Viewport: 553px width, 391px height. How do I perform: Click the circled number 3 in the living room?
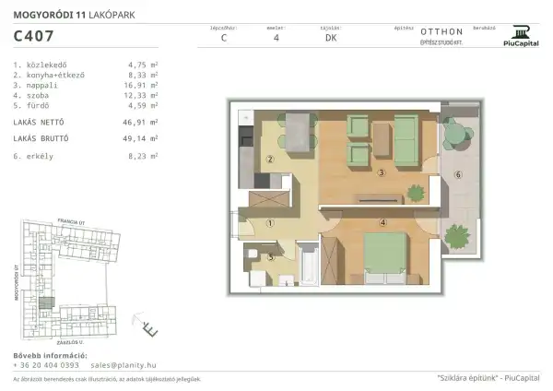pos(381,172)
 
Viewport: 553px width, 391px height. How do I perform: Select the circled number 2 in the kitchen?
pos(269,159)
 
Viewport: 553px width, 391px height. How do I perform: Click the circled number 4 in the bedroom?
pos(381,222)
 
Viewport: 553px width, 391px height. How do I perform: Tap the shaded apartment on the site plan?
pos(45,304)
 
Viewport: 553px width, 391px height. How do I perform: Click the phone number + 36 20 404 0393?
pos(46,366)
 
